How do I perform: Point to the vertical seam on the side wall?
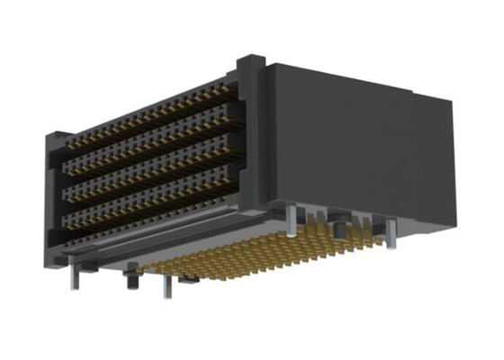tap(409, 153)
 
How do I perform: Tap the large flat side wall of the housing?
tap(342, 144)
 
